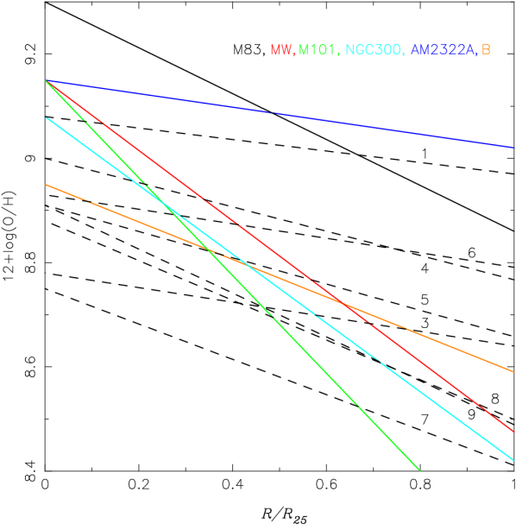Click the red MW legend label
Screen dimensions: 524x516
pos(281,50)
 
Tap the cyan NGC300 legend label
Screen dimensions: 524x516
pos(374,50)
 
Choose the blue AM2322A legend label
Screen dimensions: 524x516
pos(443,50)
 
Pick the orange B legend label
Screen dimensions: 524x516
pos(486,50)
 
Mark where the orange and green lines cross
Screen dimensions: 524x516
pos(210,250)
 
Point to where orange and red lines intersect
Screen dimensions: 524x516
pos(343,303)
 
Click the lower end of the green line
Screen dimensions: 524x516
pos(419,470)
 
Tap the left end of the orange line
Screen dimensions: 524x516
pos(46,185)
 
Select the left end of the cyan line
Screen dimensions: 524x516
pos(46,118)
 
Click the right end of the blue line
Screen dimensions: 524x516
pos(514,147)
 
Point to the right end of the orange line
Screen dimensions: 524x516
pos(514,371)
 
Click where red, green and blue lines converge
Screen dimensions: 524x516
pos(46,80)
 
